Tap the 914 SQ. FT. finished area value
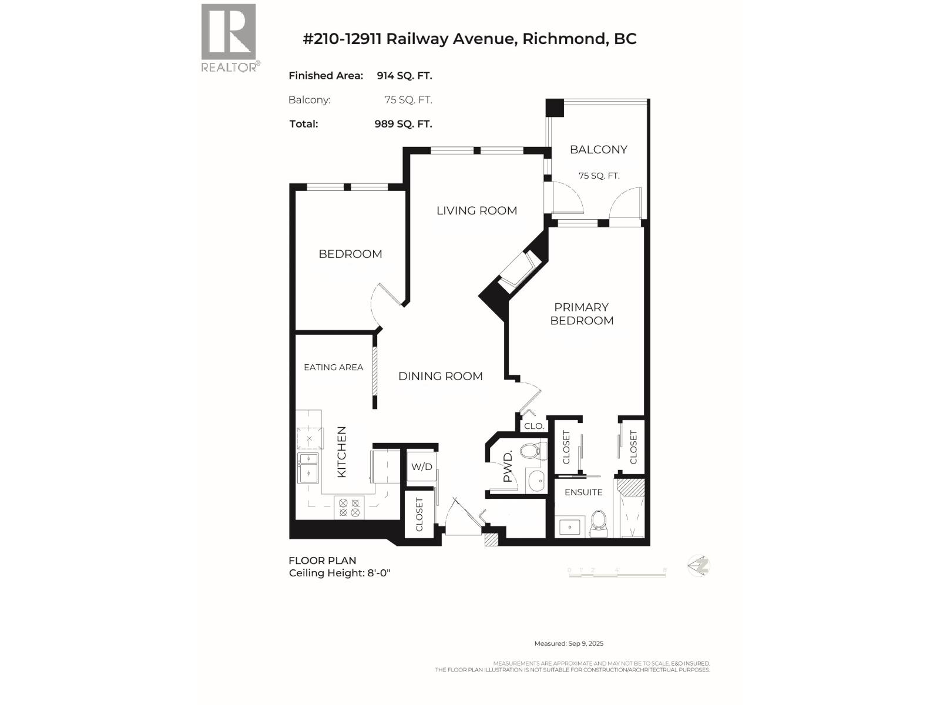(404, 76)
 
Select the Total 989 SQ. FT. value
(403, 124)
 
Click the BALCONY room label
(598, 150)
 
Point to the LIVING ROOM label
(476, 210)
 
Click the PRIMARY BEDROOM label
(582, 314)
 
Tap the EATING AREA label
(333, 367)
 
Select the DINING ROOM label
(440, 376)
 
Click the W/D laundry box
(421, 467)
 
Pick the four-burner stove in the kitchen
(349, 508)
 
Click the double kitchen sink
(308, 468)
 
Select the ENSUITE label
(583, 492)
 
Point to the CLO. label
(533, 426)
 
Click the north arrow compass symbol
(699, 566)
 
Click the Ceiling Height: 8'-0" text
(340, 573)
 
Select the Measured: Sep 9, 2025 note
(569, 644)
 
